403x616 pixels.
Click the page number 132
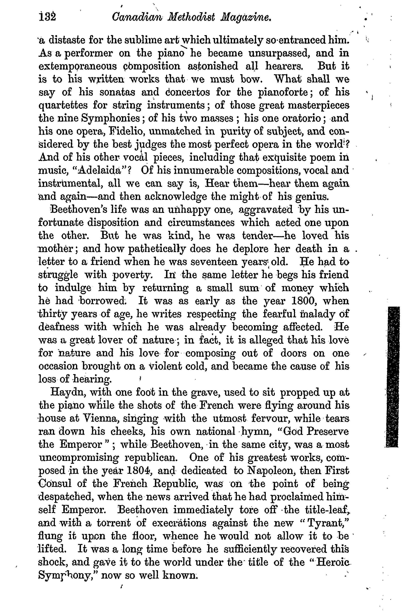point(47,17)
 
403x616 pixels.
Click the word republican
point(151,457)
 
